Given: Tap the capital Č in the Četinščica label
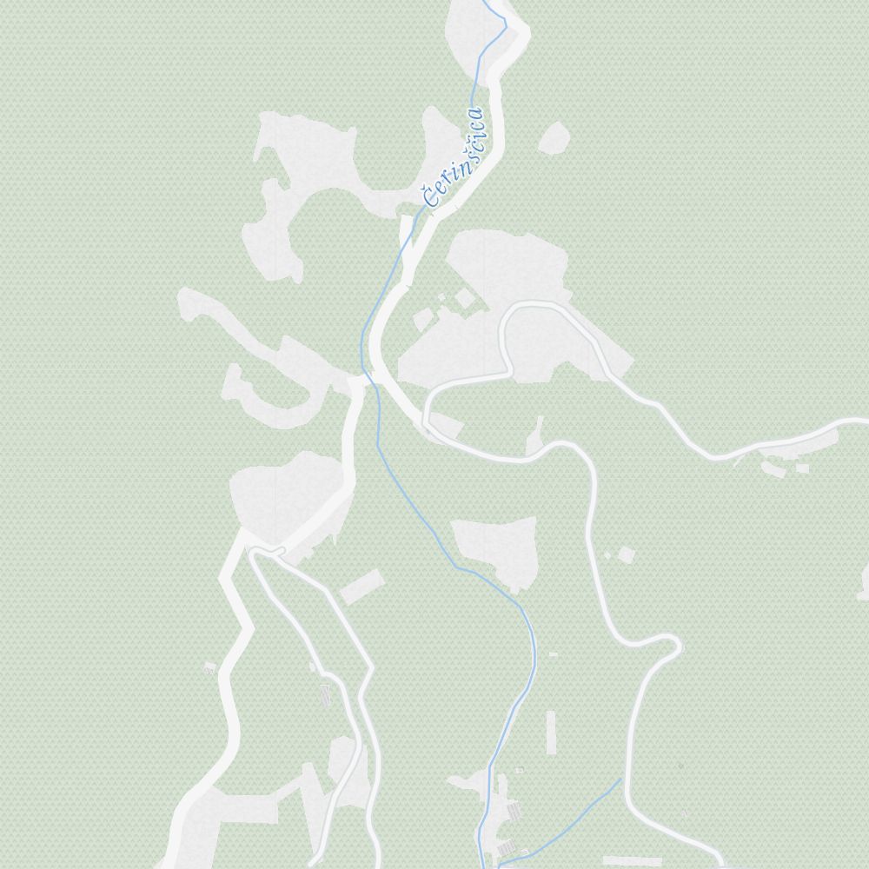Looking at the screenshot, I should coord(430,197).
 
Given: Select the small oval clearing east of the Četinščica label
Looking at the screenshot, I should coord(554,138).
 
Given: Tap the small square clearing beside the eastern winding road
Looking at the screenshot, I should coord(625,554).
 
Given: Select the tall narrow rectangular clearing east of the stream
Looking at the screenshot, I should coord(551,733).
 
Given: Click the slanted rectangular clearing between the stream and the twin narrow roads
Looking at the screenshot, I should coord(362,587).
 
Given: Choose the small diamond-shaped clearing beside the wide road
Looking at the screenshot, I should coord(465,298).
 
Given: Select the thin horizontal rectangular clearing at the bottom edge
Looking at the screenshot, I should coord(632,861).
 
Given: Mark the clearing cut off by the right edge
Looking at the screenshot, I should coord(863,580).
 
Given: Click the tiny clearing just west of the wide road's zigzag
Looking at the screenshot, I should coord(209,667).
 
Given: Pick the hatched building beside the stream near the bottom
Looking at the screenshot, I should coord(513,811).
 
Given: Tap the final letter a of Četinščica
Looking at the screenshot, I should coord(474,116).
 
